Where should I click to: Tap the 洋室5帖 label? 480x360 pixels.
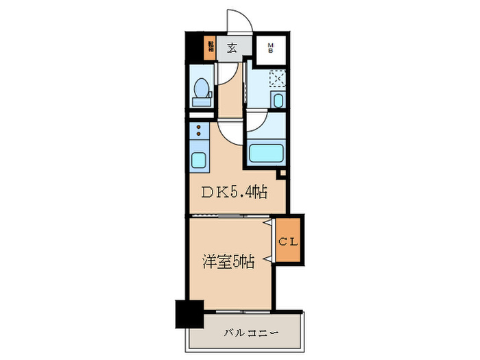(x=228, y=261)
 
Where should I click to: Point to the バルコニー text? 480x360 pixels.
(x=250, y=334)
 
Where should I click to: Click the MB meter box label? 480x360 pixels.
(x=270, y=48)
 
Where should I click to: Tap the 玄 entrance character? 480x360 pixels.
(x=232, y=48)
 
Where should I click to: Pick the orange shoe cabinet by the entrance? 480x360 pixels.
(x=210, y=47)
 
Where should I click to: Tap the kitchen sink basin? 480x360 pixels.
(x=199, y=161)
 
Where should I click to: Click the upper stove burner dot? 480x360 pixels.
(x=198, y=127)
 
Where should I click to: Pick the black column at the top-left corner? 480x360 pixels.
(x=196, y=48)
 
